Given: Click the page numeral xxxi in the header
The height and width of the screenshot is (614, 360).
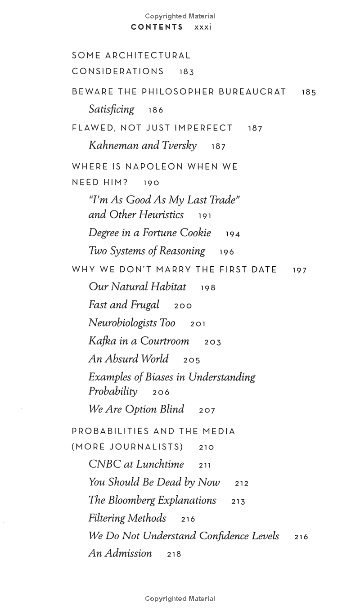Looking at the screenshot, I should click(202, 27).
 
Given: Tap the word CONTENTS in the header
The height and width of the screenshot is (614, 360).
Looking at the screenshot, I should click(157, 27).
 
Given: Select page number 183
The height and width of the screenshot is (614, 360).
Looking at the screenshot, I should click(186, 72).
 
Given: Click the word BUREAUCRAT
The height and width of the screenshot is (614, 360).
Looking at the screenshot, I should click(252, 92).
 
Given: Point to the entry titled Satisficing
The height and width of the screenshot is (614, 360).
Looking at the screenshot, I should click(111, 109).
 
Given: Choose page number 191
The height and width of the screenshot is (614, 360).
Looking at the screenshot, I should click(205, 216).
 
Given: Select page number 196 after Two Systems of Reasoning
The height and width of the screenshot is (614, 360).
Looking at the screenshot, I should click(227, 252).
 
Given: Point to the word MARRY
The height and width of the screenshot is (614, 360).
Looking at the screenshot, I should click(174, 270).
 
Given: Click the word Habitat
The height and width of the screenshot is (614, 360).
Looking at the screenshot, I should click(168, 287).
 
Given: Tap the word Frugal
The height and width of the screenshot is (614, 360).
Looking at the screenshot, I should click(145, 305).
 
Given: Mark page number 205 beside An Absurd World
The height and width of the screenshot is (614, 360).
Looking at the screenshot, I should click(192, 360).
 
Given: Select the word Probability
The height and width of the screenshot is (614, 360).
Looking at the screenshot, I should click(113, 391).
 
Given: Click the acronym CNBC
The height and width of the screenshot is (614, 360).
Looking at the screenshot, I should click(104, 464).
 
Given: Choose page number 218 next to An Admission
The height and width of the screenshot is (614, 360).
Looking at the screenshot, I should click(174, 554).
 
